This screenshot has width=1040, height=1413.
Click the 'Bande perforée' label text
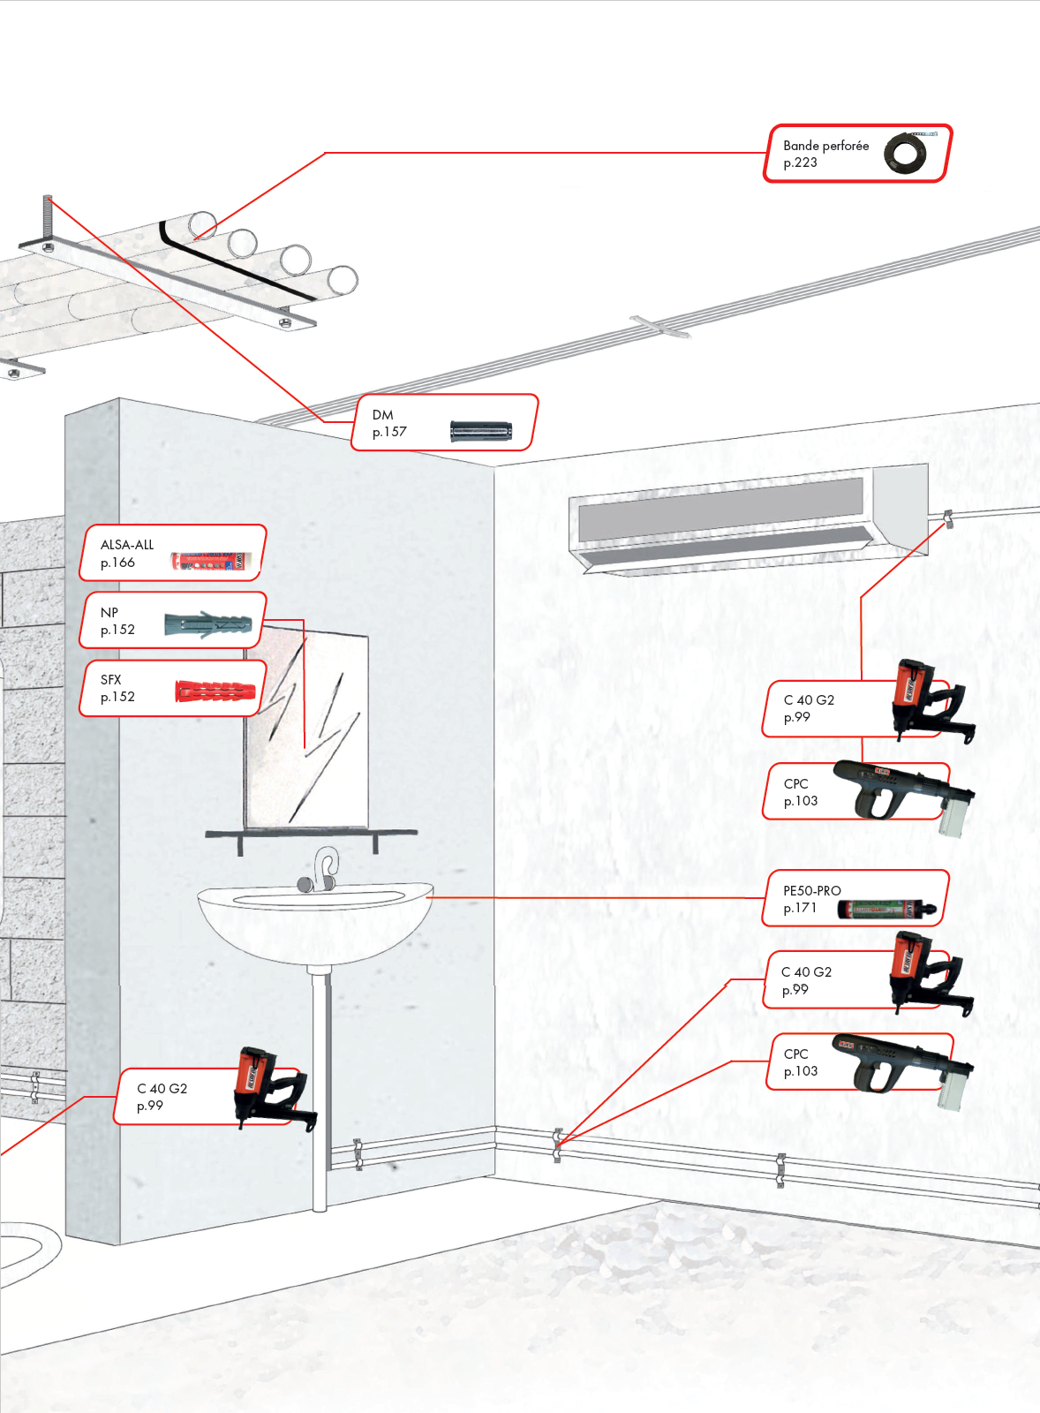tap(825, 146)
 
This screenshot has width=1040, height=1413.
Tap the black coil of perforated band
tap(905, 154)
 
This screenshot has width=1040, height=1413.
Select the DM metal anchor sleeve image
tap(480, 431)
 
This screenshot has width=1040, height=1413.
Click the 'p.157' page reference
tap(389, 432)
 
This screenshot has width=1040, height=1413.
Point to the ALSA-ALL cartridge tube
tap(212, 561)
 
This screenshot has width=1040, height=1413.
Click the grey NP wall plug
tap(208, 625)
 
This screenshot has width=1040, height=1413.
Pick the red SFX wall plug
tap(215, 691)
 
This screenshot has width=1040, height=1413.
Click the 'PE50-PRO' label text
tap(811, 890)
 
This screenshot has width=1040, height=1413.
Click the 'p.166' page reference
tap(117, 563)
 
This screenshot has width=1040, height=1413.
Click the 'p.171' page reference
tap(800, 908)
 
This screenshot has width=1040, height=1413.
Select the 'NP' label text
tap(109, 612)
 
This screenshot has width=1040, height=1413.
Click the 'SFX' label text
tap(110, 679)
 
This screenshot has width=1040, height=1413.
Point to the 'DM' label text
tap(382, 414)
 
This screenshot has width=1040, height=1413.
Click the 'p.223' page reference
tap(800, 162)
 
